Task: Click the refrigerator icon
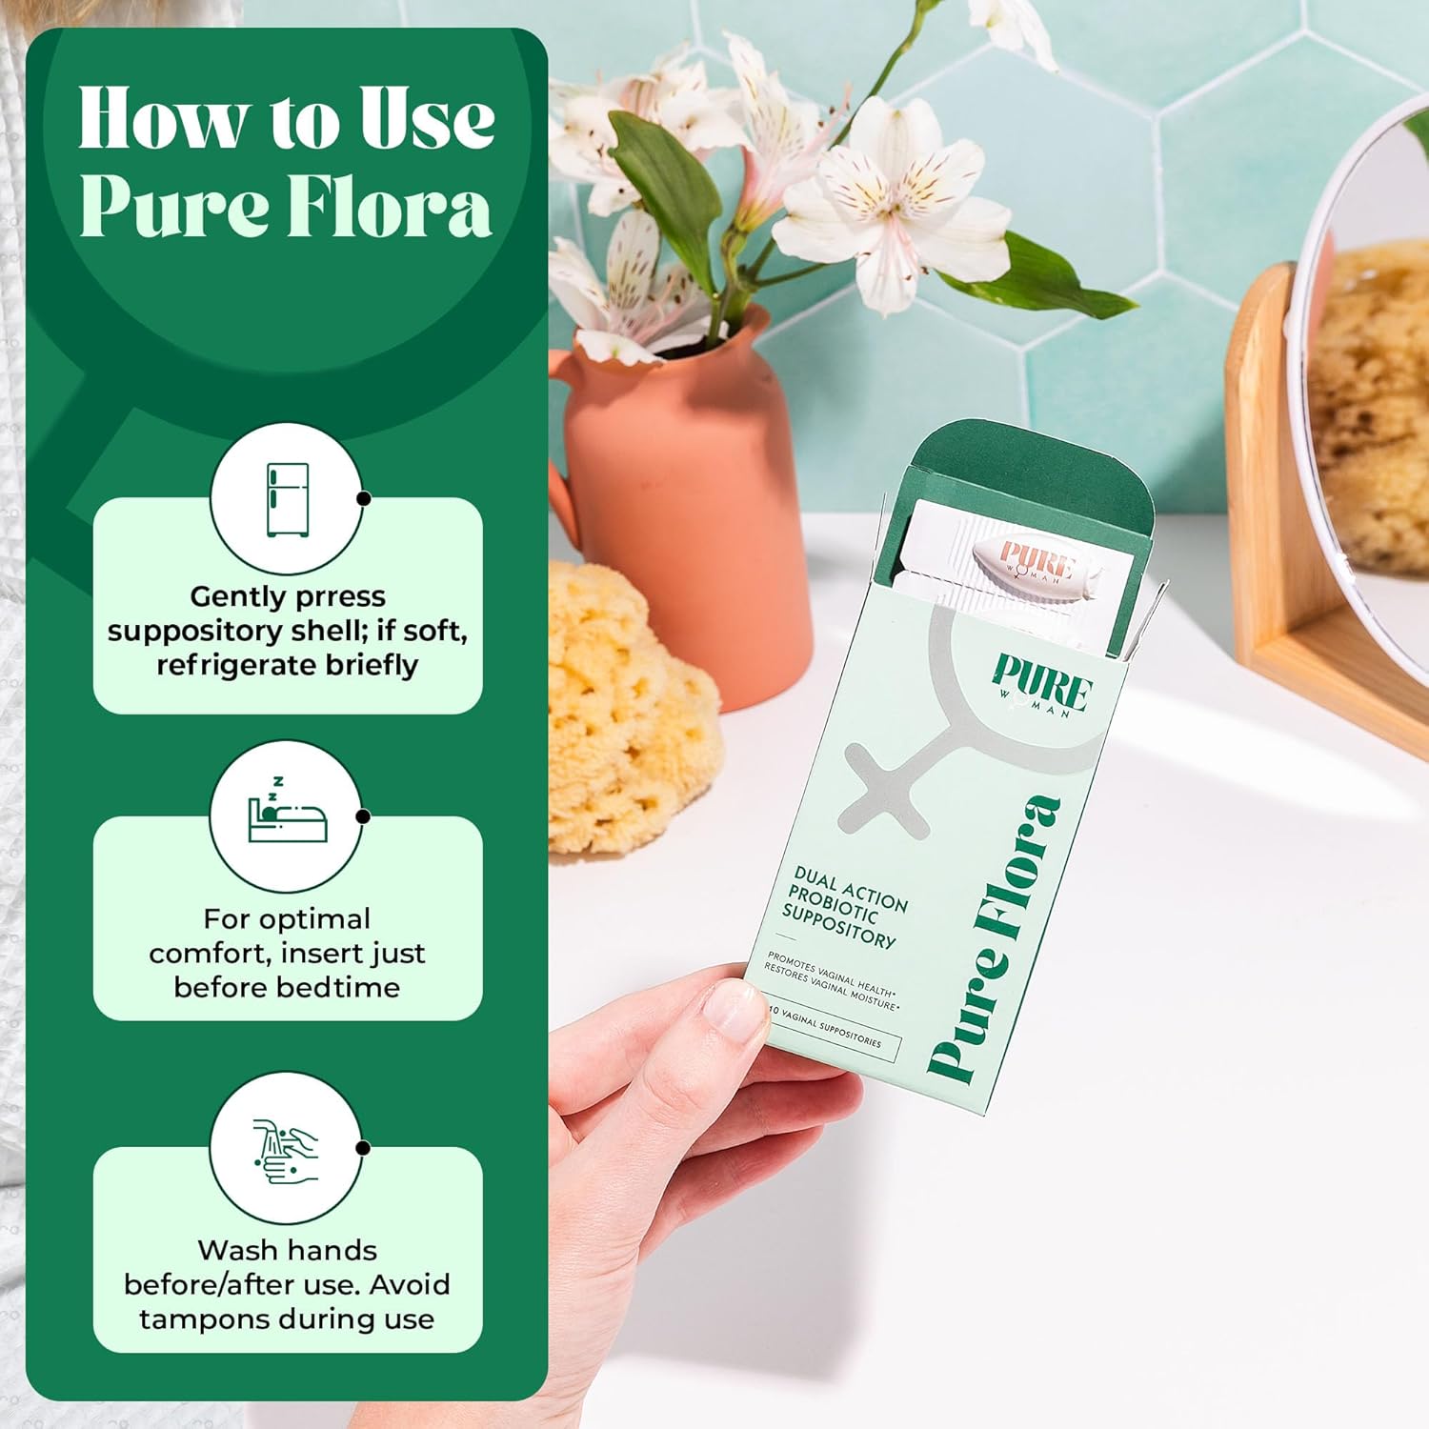287,499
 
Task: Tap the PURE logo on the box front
1042,681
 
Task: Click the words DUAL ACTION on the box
851,887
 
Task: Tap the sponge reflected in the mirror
1372,400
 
